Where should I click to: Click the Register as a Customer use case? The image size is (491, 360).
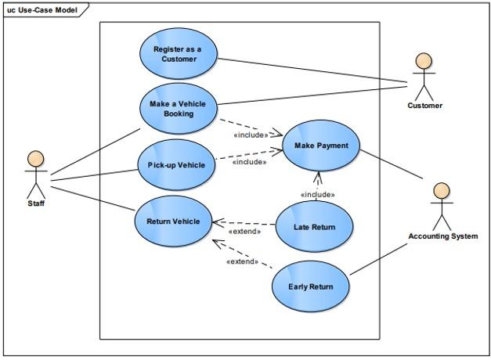click(x=177, y=54)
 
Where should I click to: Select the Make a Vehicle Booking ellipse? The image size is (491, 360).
click(x=178, y=108)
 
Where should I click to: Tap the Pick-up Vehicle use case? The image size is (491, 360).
click(x=176, y=165)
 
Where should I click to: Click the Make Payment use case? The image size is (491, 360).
click(x=316, y=146)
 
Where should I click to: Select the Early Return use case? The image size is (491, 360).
click(x=310, y=286)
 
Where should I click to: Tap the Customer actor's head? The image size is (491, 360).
click(x=424, y=61)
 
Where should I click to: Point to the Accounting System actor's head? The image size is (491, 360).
click(x=442, y=190)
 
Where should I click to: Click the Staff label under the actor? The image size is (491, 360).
click(x=36, y=203)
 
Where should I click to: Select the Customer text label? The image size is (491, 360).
click(x=424, y=106)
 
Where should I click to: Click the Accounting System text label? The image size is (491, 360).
click(x=442, y=236)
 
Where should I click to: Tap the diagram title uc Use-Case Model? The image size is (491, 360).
click(x=42, y=9)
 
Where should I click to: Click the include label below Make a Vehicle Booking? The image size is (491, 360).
click(x=251, y=135)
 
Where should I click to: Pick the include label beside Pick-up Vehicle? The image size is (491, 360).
click(x=249, y=162)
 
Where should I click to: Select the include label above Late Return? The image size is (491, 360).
click(x=317, y=194)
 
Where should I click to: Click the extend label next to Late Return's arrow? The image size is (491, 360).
click(x=244, y=232)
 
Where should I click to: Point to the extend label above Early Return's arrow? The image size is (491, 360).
click(x=242, y=261)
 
